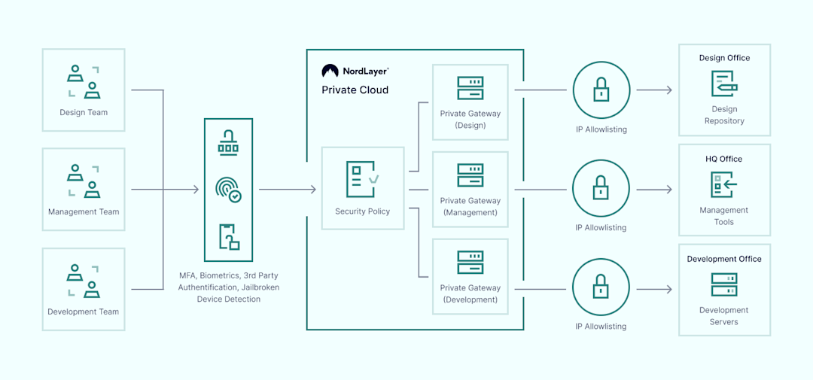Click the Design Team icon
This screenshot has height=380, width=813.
click(84, 82)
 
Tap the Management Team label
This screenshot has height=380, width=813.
click(84, 212)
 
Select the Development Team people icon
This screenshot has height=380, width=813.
click(84, 281)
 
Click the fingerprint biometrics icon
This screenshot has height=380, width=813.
click(228, 190)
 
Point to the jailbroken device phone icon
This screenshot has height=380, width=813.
click(228, 236)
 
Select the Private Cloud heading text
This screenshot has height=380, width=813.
click(355, 90)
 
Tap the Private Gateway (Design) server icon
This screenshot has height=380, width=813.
click(470, 88)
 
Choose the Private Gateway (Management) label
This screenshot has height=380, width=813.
click(470, 207)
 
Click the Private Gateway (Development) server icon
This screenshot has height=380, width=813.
click(470, 262)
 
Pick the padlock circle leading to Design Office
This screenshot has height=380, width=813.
click(601, 90)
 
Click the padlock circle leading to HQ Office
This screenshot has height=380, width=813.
click(601, 189)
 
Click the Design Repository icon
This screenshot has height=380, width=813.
click(724, 84)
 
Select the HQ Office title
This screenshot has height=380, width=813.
click(724, 159)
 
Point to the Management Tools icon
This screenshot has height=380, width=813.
click(724, 184)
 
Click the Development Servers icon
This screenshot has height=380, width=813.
click(724, 284)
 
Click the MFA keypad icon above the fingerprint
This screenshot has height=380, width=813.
click(228, 142)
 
